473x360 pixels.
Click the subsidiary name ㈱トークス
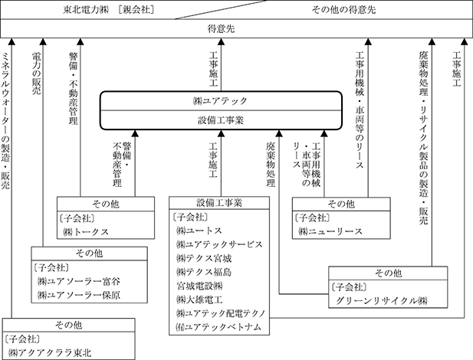click(87, 231)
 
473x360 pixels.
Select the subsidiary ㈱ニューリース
click(328, 231)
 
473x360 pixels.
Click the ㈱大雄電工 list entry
click(202, 299)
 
